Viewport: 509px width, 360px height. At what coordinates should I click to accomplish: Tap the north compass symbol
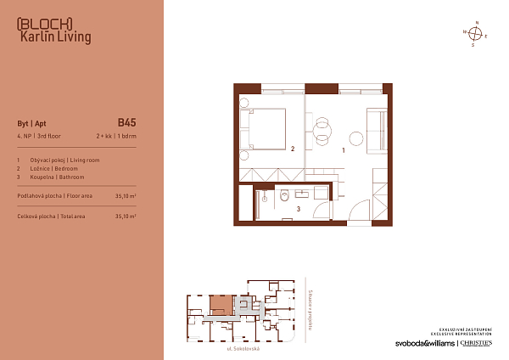coord(476,34)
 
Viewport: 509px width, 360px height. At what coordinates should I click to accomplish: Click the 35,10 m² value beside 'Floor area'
coord(126,195)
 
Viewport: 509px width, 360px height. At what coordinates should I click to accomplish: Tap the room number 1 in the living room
coord(344,149)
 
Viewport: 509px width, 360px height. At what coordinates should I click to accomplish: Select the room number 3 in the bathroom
coord(298,207)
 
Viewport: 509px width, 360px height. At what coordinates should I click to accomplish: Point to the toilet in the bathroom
coord(282,197)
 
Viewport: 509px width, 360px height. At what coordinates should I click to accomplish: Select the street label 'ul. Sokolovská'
coord(243,348)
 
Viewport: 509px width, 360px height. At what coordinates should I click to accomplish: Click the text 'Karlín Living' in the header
coord(54,37)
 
